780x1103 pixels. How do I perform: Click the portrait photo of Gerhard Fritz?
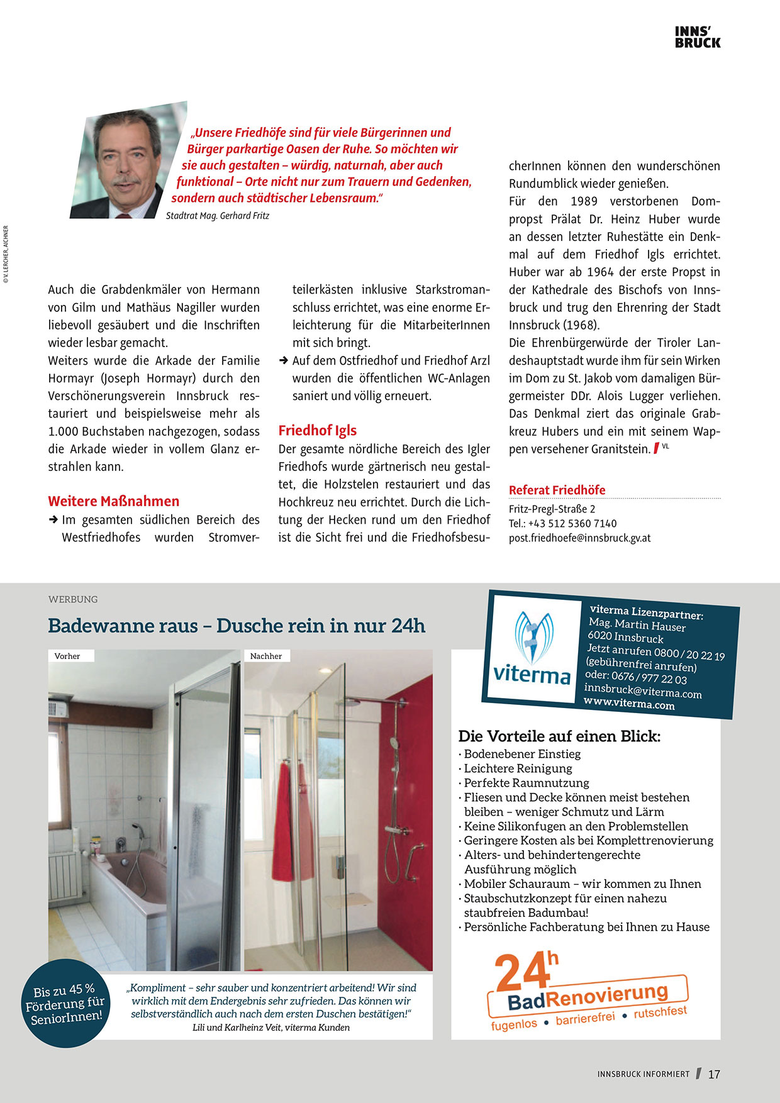click(128, 162)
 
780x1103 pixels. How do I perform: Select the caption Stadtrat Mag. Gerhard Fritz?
click(218, 216)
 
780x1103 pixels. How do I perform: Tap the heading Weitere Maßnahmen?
click(114, 501)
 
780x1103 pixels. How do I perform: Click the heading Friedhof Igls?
click(318, 431)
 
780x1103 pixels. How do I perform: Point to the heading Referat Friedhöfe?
click(557, 490)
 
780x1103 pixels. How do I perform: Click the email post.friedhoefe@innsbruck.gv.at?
click(579, 538)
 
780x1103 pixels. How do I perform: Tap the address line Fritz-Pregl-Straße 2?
click(552, 509)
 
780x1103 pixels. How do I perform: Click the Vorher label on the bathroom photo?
click(67, 656)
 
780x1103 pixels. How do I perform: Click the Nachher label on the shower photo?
click(266, 656)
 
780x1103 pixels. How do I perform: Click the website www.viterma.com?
click(629, 704)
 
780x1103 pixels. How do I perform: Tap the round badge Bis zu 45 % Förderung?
click(65, 1003)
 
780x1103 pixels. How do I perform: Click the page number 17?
click(714, 1074)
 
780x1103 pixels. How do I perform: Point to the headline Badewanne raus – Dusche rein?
click(237, 626)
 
